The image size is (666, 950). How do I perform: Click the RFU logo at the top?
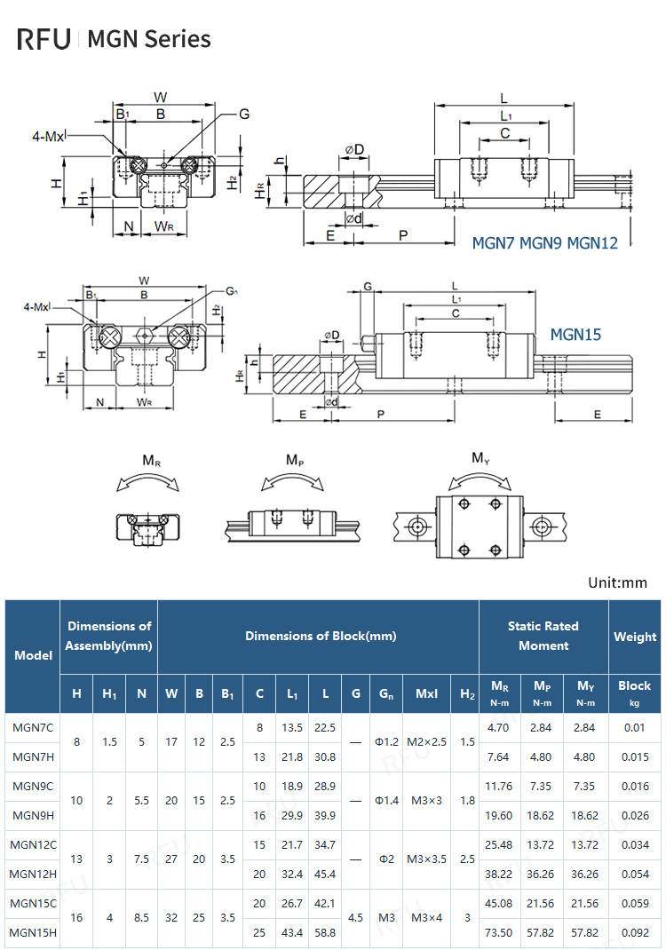pos(44,39)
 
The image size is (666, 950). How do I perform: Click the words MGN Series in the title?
pos(149,39)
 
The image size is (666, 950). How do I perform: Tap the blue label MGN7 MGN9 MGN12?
pos(544,242)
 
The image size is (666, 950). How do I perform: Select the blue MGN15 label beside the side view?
pos(575,334)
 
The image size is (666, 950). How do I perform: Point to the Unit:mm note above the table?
pos(618,583)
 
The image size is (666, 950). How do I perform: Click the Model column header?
pos(33,655)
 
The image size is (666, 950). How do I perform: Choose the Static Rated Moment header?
pos(543,636)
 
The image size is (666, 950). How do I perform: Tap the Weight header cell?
pos(635,637)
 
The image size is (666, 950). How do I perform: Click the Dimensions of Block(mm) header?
pos(321,636)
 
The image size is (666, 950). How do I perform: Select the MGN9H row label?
pos(33,815)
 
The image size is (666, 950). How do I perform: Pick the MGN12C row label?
pos(33,844)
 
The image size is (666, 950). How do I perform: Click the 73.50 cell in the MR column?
pos(500,932)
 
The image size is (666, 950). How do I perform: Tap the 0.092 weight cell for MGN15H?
pos(635,932)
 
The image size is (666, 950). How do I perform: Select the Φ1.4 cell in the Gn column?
pos(386,800)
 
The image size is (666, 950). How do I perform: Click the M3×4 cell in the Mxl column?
pos(426,917)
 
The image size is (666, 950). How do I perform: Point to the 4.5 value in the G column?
pos(355,917)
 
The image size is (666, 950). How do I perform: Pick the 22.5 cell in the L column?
pos(325,727)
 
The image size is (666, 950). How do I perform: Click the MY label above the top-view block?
pos(480,459)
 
